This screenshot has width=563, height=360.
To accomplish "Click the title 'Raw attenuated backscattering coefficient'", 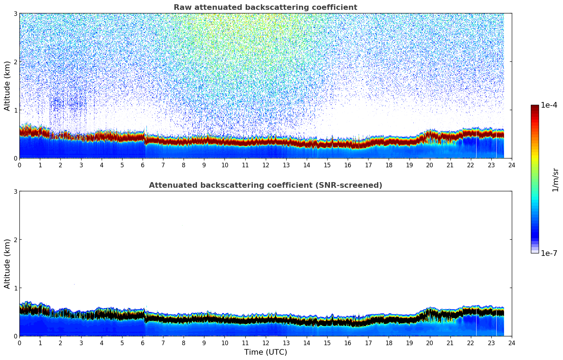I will click(x=265, y=7).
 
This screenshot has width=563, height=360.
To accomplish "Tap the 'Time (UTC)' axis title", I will click(x=265, y=352).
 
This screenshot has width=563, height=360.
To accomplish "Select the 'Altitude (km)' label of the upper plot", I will click(x=7, y=86).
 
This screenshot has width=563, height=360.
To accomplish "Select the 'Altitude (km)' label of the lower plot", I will click(x=7, y=264).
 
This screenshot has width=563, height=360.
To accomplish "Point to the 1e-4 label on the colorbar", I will click(x=549, y=105).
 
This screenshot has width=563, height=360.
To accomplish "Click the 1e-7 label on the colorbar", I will click(x=549, y=253).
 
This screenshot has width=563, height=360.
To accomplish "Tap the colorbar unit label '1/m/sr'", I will click(x=555, y=180).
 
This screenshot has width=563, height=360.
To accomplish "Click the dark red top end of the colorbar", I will click(x=534, y=107).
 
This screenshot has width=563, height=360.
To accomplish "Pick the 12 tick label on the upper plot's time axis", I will click(x=265, y=165).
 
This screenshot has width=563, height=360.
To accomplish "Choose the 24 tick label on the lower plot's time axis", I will click(x=512, y=343).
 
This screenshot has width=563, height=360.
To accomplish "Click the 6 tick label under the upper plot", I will click(x=143, y=165).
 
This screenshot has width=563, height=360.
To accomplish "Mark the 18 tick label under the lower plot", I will click(x=389, y=343).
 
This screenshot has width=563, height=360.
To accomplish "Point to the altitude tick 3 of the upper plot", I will click(x=15, y=13).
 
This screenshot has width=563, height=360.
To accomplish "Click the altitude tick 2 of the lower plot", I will click(x=15, y=240).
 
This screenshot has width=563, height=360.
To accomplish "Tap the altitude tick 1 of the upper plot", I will click(x=15, y=110).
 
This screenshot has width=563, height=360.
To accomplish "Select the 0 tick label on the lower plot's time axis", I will click(x=19, y=343).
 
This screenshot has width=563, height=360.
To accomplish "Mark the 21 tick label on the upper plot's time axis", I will click(x=450, y=165).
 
